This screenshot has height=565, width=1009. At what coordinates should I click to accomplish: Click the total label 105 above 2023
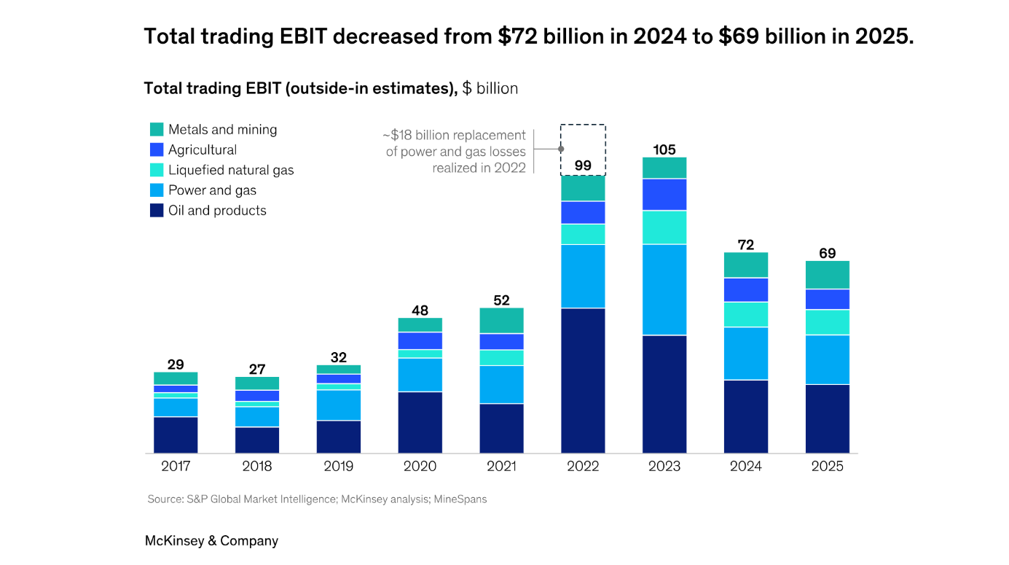664,149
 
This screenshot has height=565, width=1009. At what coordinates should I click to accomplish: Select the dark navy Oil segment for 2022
583,380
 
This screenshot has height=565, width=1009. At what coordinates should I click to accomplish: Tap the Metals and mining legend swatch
157,130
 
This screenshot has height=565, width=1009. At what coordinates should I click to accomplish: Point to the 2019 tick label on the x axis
339,467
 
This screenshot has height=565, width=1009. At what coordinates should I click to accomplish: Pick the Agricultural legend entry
202,150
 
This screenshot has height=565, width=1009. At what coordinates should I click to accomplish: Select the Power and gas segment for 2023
664,289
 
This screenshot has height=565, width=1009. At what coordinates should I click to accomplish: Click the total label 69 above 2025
827,254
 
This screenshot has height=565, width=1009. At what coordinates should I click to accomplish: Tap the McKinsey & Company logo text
211,541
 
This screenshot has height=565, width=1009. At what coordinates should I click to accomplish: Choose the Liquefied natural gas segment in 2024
746,314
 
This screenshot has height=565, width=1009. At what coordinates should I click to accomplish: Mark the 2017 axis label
176,467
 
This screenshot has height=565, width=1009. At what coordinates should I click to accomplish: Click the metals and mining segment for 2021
501,321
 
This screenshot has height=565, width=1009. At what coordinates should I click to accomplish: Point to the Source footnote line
317,499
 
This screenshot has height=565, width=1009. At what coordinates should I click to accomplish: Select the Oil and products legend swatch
157,211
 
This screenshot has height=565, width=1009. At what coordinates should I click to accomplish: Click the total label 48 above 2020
420,311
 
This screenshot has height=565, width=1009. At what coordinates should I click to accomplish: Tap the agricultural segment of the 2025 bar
827,299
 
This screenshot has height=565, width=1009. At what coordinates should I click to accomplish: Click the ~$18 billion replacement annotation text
455,152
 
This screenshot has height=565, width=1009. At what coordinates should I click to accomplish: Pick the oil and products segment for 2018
257,440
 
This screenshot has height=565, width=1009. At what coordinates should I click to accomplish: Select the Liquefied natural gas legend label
231,170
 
